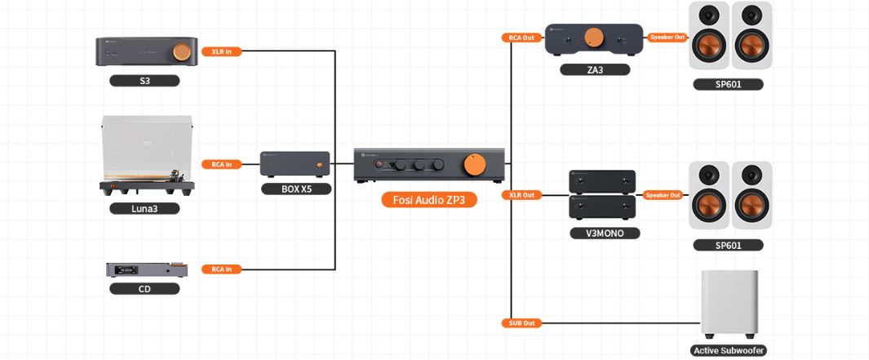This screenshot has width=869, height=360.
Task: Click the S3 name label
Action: tap(144, 81)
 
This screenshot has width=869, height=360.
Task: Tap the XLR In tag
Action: tap(220, 51)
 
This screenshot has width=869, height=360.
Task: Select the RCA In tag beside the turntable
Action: tap(222, 164)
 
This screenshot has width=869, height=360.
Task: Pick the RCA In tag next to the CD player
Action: tap(222, 269)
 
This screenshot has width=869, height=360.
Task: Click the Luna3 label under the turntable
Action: tap(144, 208)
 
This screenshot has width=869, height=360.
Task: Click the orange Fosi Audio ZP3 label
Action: tap(428, 200)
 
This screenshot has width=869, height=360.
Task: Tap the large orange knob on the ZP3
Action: tap(474, 165)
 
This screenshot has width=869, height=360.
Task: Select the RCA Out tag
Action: tap(521, 38)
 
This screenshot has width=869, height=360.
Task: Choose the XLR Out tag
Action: tap(521, 195)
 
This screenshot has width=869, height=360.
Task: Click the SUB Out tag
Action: tap(521, 323)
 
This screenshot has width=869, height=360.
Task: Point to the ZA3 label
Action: tap(594, 70)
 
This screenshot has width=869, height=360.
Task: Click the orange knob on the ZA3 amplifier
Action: tap(595, 37)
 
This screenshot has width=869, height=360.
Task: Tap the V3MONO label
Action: tap(604, 233)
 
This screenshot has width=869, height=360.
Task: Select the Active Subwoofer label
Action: tap(729, 351)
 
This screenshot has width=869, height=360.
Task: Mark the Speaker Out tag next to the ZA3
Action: tap(667, 38)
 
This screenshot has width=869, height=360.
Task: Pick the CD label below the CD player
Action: tap(144, 288)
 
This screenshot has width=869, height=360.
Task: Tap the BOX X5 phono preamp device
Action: tap(295, 166)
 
